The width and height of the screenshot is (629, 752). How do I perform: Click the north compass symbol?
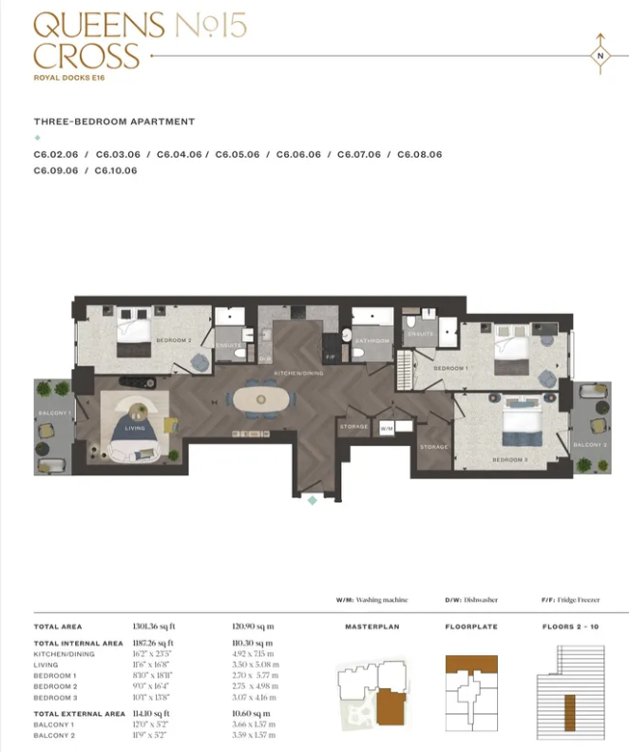click(x=600, y=55)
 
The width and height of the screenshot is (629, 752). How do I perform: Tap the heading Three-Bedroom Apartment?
click(x=114, y=122)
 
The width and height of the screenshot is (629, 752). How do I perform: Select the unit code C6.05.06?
click(x=238, y=154)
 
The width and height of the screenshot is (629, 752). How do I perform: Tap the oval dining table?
click(x=265, y=400)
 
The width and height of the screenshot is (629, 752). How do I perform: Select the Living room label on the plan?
click(x=136, y=429)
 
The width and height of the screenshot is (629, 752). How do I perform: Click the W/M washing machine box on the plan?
click(x=386, y=428)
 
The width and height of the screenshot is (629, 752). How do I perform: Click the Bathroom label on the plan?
click(x=373, y=340)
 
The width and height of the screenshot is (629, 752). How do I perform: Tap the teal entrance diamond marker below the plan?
click(x=311, y=500)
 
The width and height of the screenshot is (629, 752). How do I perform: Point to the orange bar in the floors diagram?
click(x=570, y=708)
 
